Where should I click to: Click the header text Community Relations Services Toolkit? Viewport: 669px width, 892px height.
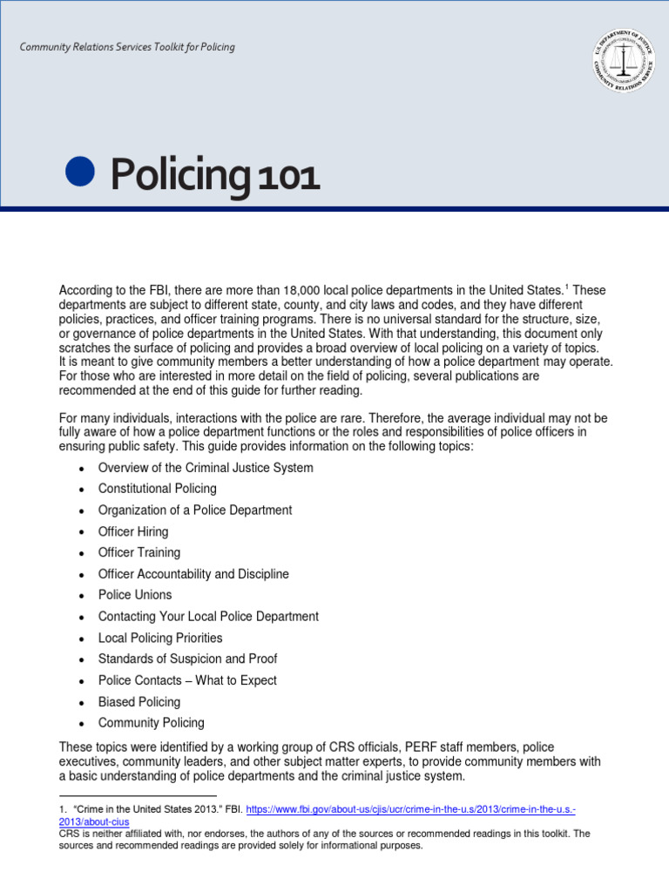(x=127, y=47)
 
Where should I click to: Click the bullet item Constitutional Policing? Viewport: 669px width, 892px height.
(x=157, y=489)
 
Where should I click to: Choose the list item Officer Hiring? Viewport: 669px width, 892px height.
(x=133, y=531)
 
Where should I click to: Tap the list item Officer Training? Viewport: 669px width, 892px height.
(x=139, y=552)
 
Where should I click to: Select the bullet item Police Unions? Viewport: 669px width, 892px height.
(x=135, y=595)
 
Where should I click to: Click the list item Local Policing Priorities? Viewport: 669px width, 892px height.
(x=160, y=638)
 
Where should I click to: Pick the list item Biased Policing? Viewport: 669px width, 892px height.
(x=139, y=702)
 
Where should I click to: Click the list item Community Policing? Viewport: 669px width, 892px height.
(x=152, y=723)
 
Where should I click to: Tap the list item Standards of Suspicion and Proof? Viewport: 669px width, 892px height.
(x=187, y=659)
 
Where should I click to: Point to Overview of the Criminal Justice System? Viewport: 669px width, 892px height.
(x=206, y=468)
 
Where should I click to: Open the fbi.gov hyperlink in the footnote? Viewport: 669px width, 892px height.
(x=409, y=809)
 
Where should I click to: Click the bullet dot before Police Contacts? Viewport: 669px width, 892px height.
(x=81, y=681)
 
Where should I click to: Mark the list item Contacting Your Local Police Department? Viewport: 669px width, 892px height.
(x=208, y=617)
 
